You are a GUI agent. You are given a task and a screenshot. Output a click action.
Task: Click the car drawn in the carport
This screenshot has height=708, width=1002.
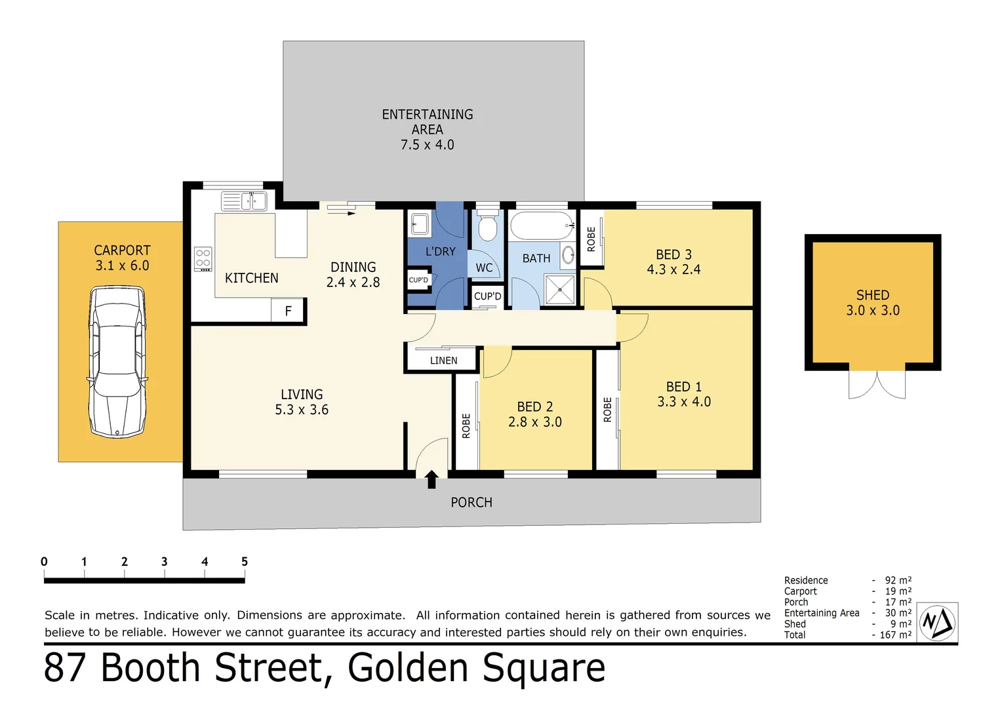click(x=117, y=361)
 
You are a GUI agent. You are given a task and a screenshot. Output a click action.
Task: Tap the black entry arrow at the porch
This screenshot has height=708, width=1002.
click(x=431, y=479)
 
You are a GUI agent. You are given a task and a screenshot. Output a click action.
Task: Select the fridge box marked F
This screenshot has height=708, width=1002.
click(x=288, y=311)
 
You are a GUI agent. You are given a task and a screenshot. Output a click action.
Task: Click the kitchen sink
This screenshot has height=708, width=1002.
click(x=243, y=201)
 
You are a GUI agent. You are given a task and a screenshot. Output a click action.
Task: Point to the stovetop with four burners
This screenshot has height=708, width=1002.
click(x=203, y=259)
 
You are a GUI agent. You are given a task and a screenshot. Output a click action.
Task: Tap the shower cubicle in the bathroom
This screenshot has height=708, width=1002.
click(x=559, y=290)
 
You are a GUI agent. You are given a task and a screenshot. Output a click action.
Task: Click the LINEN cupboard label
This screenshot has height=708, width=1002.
click(x=443, y=361)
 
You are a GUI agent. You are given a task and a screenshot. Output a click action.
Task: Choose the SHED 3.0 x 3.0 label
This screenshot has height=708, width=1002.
click(x=872, y=303)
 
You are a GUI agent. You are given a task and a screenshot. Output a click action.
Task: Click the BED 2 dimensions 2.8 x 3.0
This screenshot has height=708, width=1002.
click(x=534, y=422)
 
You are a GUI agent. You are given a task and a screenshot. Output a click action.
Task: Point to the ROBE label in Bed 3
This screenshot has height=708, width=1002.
click(x=591, y=239)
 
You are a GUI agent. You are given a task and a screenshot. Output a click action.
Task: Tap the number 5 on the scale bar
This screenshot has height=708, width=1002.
click(x=245, y=562)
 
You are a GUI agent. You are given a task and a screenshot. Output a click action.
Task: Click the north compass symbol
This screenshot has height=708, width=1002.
click(x=937, y=623)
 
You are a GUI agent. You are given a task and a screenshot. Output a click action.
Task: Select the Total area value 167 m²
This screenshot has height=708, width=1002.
click(x=895, y=635)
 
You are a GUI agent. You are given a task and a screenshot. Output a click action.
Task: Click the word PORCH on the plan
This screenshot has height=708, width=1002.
click(x=471, y=503)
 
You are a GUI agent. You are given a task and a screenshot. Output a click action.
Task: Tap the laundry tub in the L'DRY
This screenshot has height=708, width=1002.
click(x=420, y=224)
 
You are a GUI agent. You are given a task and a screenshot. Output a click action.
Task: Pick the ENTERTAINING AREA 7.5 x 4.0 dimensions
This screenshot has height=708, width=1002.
click(x=427, y=145)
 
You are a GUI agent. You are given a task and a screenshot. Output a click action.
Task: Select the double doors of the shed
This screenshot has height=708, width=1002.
click(x=877, y=385)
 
